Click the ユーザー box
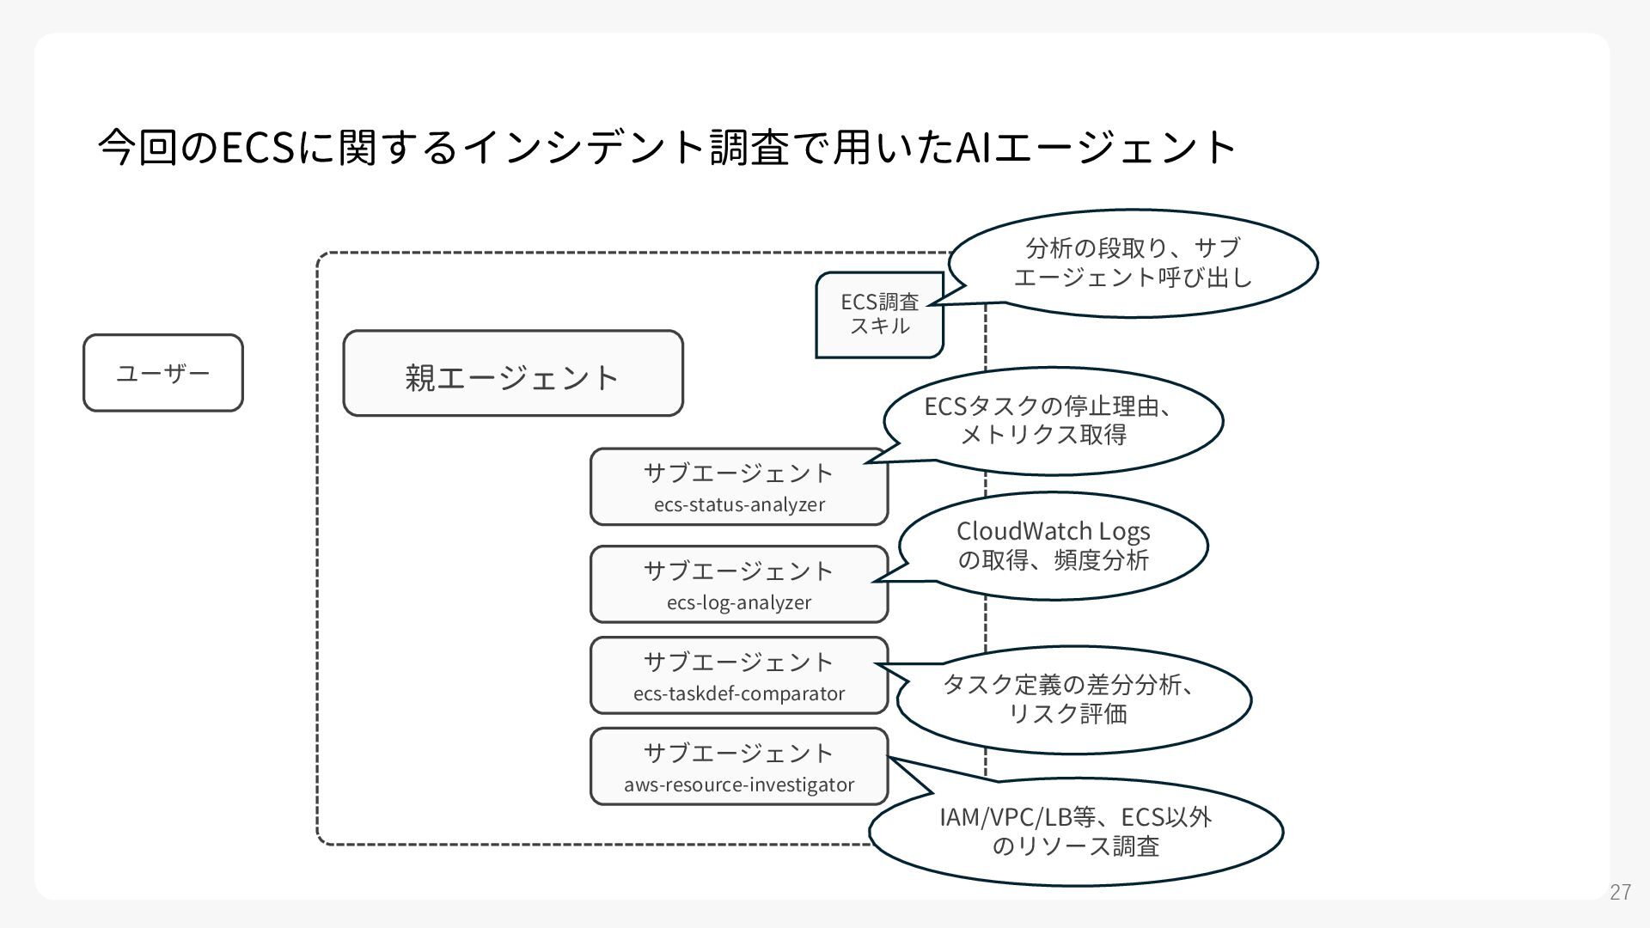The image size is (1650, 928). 163,373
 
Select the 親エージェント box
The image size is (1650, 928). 513,374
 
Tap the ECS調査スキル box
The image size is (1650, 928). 879,314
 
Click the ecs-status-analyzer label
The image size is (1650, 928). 739,504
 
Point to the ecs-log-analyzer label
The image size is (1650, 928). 739,602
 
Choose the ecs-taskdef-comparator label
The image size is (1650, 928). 739,693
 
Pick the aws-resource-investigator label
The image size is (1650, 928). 739,785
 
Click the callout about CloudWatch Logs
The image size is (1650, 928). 1054,546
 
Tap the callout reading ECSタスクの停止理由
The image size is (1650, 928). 1054,420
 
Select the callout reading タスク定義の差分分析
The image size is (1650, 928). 1074,699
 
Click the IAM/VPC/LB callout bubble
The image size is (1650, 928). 1076,831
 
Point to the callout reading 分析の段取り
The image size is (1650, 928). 1133,262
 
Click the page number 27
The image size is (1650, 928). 1620,892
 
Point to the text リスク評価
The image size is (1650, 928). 1067,714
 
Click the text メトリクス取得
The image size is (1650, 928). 1043,435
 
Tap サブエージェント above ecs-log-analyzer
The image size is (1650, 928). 739,571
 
